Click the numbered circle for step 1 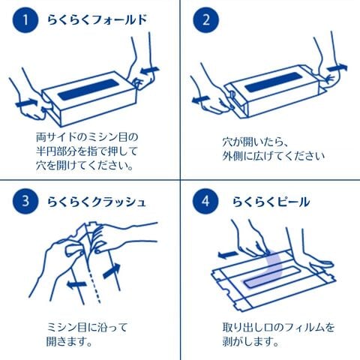click(x=25, y=19)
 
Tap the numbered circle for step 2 click(x=206, y=19)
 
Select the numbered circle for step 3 click(x=25, y=201)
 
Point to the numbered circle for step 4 click(x=205, y=201)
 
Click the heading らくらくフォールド click(x=97, y=19)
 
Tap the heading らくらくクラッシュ click(x=97, y=202)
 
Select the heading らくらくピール click(x=271, y=202)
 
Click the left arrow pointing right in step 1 click(x=26, y=103)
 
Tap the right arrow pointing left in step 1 click(x=149, y=70)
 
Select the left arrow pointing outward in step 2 click(x=201, y=100)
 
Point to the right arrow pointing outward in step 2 click(x=337, y=67)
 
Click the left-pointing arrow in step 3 click(x=76, y=284)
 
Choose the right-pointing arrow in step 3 click(x=112, y=271)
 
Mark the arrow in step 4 click(x=228, y=255)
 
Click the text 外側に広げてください click(x=274, y=157)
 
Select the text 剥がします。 click(x=250, y=341)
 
